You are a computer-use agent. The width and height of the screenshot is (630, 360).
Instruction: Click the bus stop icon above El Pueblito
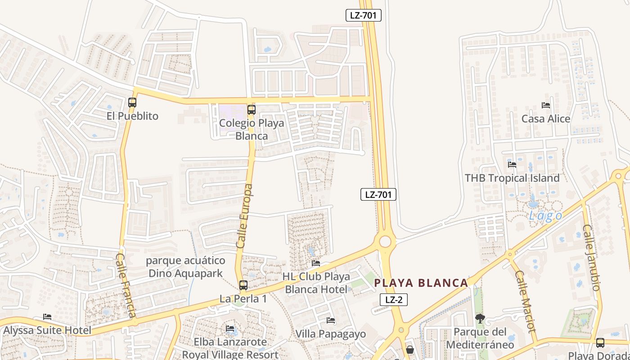tap(132, 102)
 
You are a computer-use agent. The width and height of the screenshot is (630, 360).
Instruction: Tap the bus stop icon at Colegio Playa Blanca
tap(251, 109)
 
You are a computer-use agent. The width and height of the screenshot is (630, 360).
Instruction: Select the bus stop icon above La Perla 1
tap(243, 285)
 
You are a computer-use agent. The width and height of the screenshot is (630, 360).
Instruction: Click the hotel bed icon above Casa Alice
tap(546, 105)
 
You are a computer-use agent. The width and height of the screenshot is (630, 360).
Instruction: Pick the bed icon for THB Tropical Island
tap(512, 164)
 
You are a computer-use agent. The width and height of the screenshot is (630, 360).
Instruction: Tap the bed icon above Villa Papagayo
tap(331, 320)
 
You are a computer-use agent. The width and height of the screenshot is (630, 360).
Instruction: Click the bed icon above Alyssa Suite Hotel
tap(47, 317)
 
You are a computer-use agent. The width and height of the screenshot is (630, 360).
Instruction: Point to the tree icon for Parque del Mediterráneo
tap(480, 319)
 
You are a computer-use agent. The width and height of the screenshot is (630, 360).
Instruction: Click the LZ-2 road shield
tap(394, 300)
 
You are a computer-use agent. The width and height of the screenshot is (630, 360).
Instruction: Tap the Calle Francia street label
tap(126, 284)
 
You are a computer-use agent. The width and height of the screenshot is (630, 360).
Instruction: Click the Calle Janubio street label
tap(592, 257)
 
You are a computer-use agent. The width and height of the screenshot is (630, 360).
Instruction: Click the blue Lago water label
tap(545, 216)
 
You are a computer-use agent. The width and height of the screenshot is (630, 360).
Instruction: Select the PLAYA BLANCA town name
tap(421, 283)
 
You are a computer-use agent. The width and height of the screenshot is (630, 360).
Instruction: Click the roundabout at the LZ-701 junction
tap(385, 242)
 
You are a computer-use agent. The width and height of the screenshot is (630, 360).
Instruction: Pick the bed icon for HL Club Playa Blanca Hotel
tap(316, 263)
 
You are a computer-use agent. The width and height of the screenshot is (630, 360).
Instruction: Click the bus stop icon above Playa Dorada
tap(600, 343)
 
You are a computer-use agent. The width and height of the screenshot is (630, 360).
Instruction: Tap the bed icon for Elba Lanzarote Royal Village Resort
tap(230, 328)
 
